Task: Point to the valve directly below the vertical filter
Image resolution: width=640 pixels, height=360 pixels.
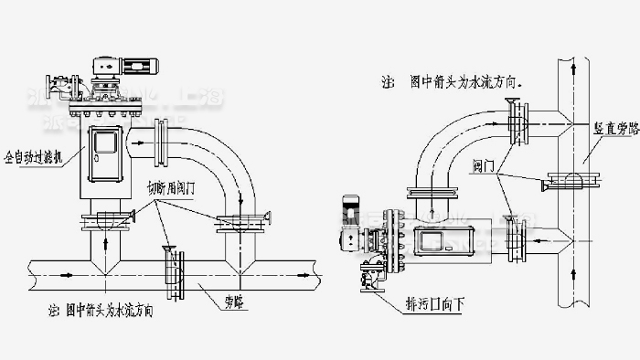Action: point(108,218)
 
